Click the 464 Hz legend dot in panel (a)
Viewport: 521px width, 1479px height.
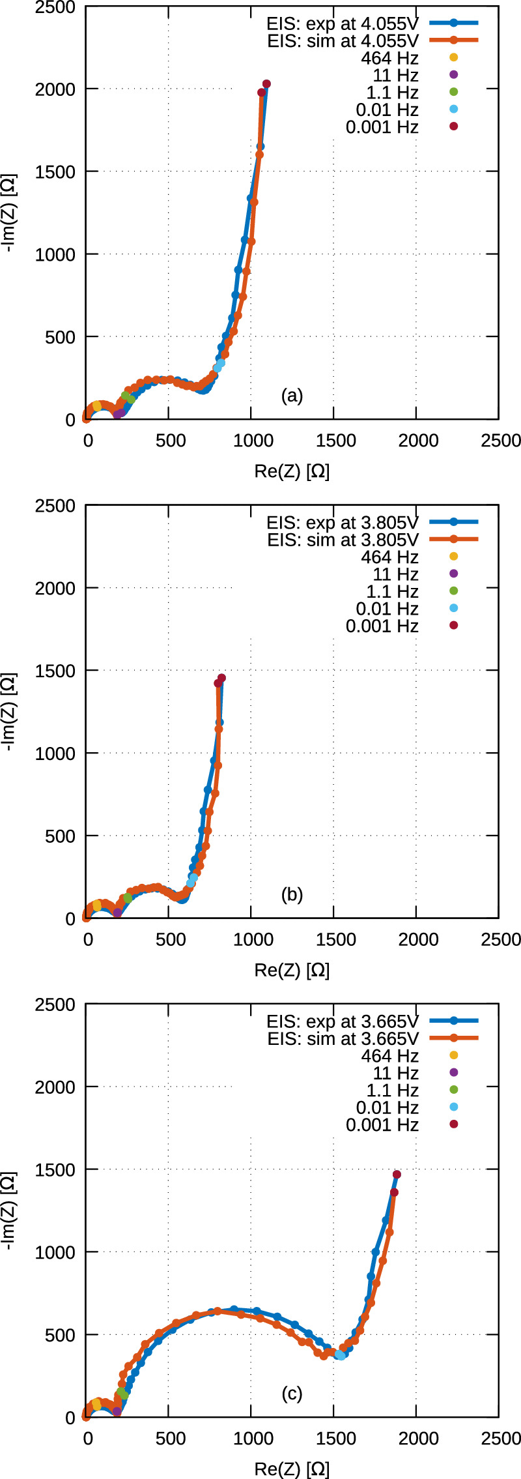pyautogui.click(x=454, y=58)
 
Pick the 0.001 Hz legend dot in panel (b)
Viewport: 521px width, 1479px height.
pyautogui.click(x=454, y=626)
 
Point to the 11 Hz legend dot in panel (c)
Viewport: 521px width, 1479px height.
pyautogui.click(x=454, y=1073)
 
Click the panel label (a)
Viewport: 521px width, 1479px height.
pyautogui.click(x=292, y=396)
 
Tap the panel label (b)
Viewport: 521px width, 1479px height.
pyautogui.click(x=292, y=895)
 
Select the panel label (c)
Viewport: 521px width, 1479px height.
pyautogui.click(x=292, y=1394)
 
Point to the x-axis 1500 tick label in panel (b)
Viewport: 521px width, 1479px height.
pyautogui.click(x=335, y=939)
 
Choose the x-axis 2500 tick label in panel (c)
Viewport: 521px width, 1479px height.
pyautogui.click(x=501, y=1438)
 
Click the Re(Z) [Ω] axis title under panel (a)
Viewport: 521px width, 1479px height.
pyautogui.click(x=292, y=471)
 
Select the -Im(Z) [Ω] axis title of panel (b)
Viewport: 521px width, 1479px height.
pyautogui.click(x=10, y=712)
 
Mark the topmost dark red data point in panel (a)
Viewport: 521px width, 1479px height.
pyautogui.click(x=266, y=84)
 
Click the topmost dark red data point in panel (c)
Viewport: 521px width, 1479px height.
pyautogui.click(x=397, y=1175)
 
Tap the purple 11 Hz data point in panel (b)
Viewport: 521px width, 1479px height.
pyautogui.click(x=117, y=913)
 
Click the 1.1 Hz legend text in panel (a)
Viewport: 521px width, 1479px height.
pyautogui.click(x=392, y=93)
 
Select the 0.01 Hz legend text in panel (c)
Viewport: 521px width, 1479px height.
pyautogui.click(x=387, y=1107)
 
